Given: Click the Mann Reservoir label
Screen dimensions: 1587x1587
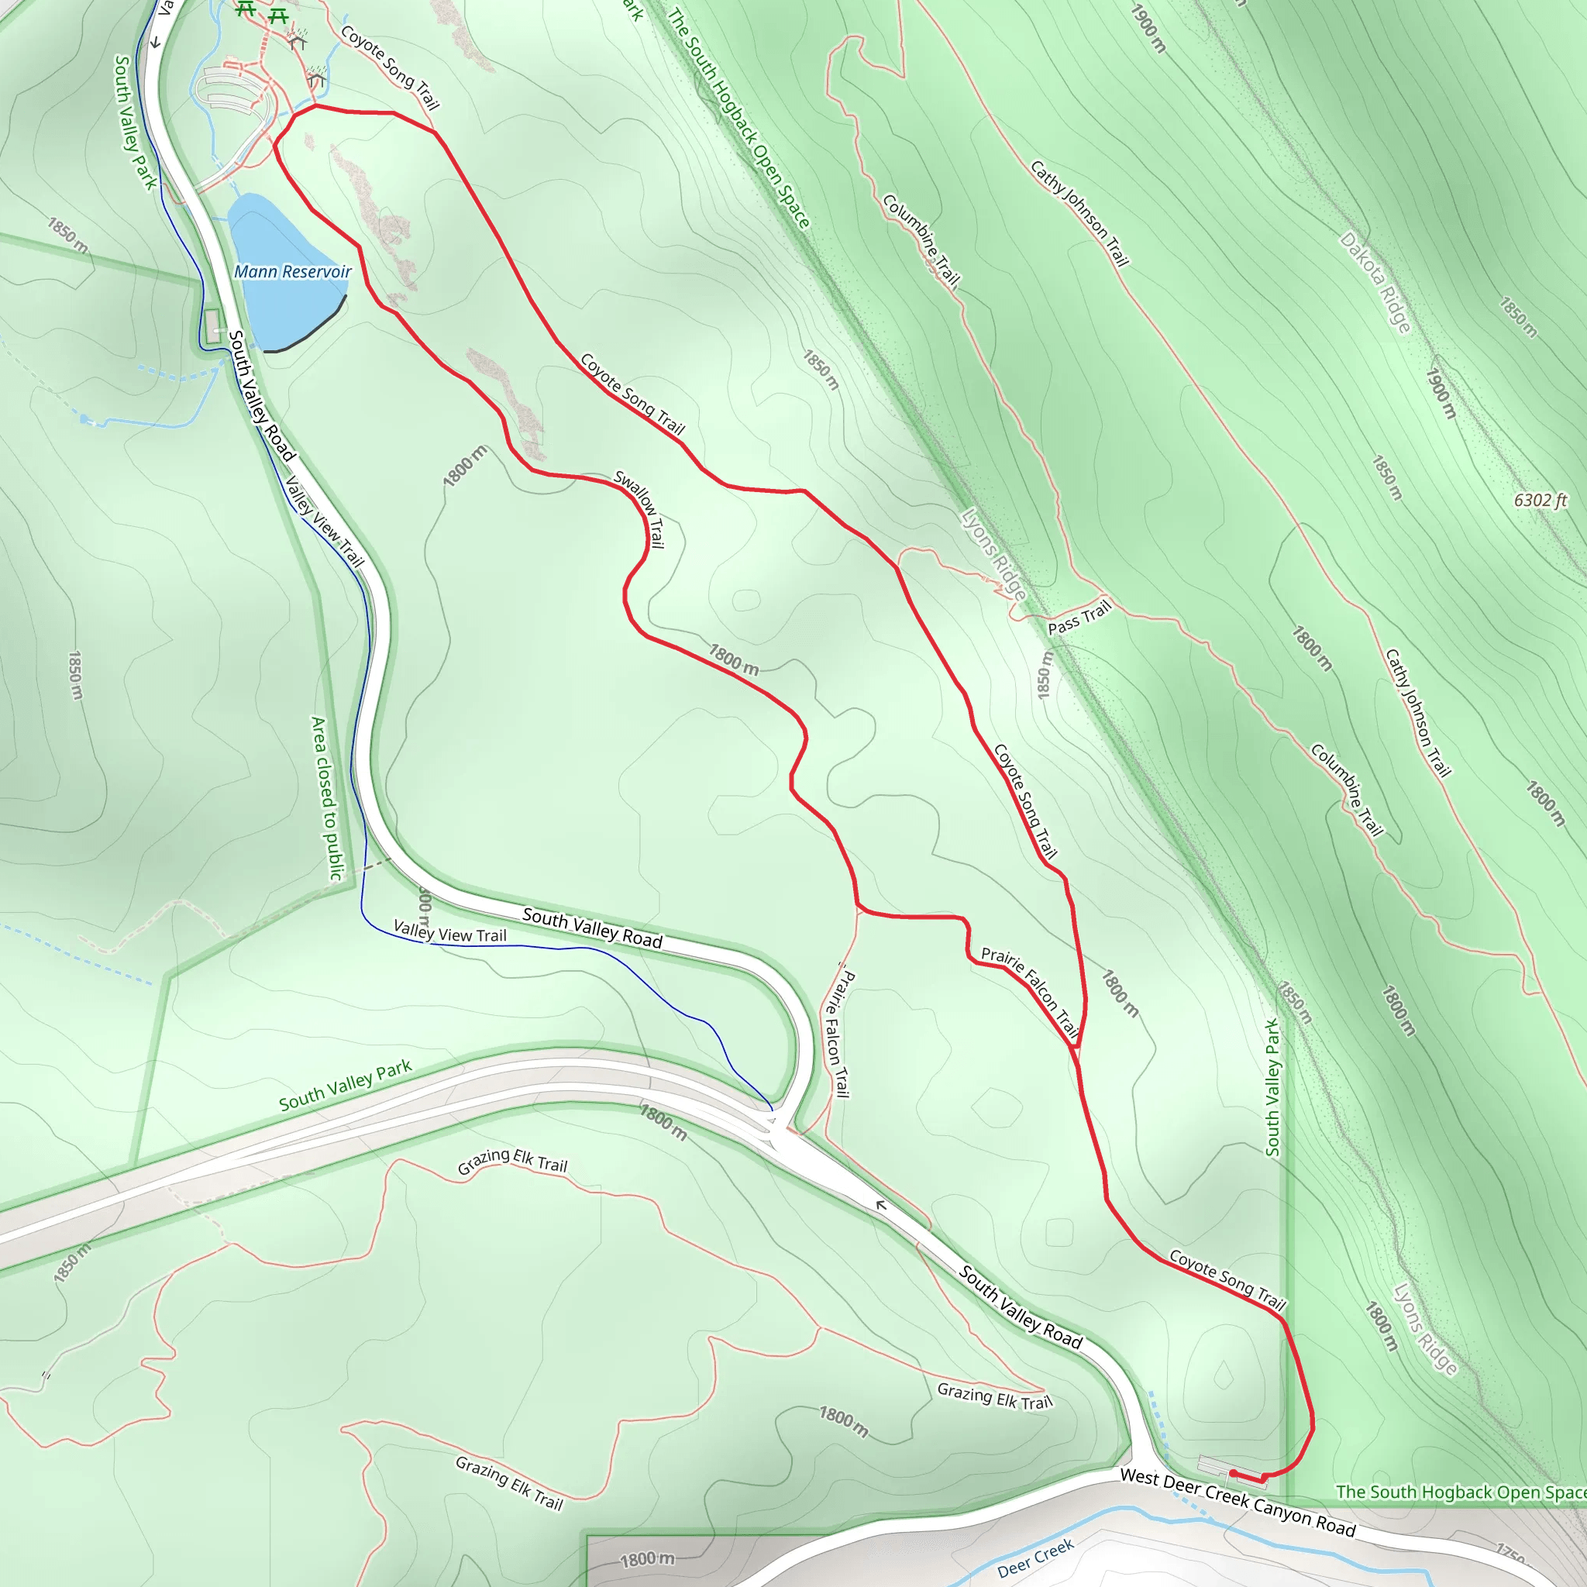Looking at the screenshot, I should pos(292,271).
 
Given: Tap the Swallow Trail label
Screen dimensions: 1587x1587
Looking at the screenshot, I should pos(639,509).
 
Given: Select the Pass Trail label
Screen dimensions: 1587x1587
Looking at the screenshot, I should pos(1079,618).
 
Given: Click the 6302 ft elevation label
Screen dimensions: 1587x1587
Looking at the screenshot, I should pos(1541,501).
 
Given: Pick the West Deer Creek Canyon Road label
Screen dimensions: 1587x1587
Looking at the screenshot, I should pos(1237,1502).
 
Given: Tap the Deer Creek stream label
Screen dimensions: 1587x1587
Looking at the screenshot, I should pos(1035,1558).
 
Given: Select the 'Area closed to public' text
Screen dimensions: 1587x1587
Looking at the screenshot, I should pos(326,798).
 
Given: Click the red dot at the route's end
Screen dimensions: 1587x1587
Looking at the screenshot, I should pos(1233,1473).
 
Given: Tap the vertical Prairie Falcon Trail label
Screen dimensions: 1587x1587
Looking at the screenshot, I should pos(837,1034).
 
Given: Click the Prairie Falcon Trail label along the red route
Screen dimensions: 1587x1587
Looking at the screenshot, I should pos(1029,991).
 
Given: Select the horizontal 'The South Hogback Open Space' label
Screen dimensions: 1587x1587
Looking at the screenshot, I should pos(1461,1492).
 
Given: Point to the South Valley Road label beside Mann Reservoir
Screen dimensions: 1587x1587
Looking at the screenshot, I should pos(261,395).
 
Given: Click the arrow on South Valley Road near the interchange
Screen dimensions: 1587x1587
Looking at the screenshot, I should pos(880,1205).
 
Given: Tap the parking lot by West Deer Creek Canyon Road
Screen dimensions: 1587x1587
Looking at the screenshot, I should pos(1216,1465).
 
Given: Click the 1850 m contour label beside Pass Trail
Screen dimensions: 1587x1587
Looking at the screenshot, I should pos(1044,675).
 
